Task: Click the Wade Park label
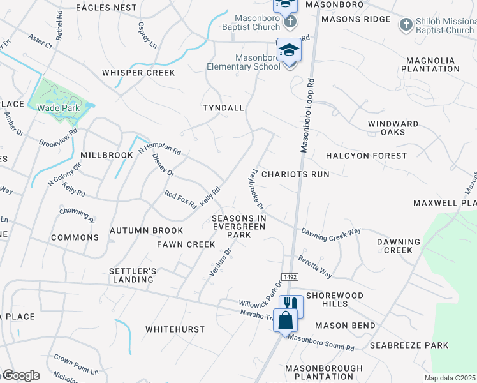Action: click(x=58, y=108)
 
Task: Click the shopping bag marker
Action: click(x=284, y=319)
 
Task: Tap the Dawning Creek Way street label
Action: click(x=331, y=234)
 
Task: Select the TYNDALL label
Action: click(x=223, y=108)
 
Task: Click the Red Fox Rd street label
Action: click(x=180, y=200)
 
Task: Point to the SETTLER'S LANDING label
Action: click(x=133, y=275)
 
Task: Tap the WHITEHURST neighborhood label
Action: click(x=175, y=329)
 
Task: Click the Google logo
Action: click(x=20, y=375)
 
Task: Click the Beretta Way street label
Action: click(x=315, y=267)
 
